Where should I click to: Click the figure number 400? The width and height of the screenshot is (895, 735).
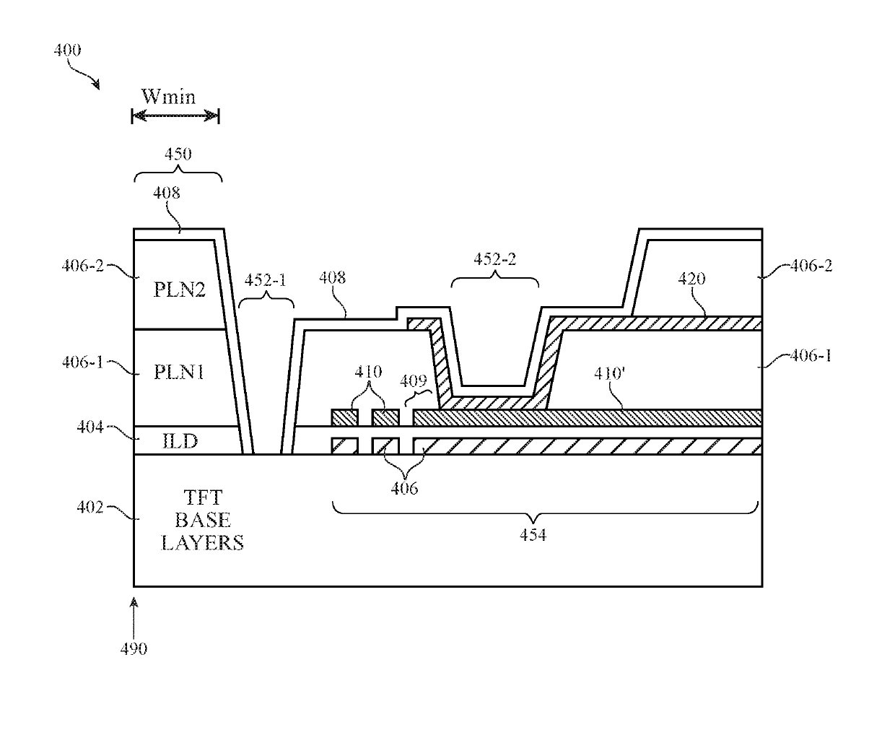67,50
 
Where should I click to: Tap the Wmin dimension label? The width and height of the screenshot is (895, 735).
168,96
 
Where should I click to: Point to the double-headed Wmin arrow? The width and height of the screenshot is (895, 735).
175,116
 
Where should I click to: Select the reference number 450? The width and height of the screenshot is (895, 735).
178,154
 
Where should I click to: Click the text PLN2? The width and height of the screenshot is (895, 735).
179,290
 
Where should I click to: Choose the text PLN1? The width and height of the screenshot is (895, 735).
179,372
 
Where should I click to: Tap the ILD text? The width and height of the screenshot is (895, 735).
180,442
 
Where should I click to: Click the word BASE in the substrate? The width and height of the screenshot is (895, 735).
202,520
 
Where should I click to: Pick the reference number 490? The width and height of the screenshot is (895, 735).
134,649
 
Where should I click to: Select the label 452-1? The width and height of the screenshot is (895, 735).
265,280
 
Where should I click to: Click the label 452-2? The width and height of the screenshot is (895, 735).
495,259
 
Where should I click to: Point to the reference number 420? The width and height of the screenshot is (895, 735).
691,279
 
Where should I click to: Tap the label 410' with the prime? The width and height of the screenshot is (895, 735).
609,373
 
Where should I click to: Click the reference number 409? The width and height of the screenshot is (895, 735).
413,381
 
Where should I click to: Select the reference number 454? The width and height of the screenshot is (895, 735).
533,534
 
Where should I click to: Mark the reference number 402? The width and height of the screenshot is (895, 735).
90,507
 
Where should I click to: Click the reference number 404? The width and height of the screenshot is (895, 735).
90,427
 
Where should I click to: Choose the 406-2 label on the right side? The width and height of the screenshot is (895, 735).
811,266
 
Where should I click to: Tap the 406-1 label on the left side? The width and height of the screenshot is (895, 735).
82,362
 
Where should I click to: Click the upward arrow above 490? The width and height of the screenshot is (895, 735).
134,618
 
